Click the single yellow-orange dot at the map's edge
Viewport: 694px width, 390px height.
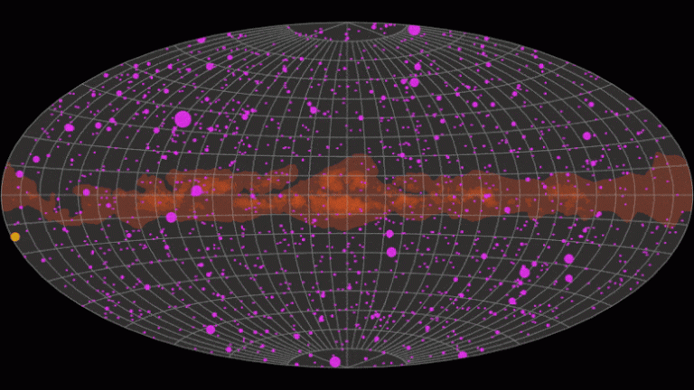click(x=15, y=237)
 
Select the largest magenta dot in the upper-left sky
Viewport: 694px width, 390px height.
click(x=183, y=119)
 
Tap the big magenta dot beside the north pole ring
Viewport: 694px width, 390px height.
click(x=414, y=30)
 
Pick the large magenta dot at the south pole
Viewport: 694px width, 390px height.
click(x=335, y=361)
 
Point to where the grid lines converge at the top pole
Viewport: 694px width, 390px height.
click(x=347, y=23)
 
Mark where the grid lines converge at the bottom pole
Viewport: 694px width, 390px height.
click(x=347, y=367)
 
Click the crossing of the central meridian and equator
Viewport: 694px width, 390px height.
click(x=347, y=195)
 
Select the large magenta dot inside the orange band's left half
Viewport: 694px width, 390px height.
click(x=197, y=190)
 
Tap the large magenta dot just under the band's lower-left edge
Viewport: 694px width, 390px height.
click(x=172, y=217)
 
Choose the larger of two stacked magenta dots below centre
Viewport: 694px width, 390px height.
click(x=391, y=252)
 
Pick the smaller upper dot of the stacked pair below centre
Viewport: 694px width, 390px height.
click(x=389, y=234)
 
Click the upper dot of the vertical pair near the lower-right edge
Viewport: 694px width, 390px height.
click(x=568, y=259)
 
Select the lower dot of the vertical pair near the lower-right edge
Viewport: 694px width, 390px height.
click(x=569, y=278)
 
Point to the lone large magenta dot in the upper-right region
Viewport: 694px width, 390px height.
click(x=586, y=136)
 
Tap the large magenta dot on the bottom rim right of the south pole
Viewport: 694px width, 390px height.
click(x=463, y=355)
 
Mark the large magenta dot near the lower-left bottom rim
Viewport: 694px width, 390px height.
click(x=211, y=330)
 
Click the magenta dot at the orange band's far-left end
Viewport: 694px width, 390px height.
click(x=20, y=174)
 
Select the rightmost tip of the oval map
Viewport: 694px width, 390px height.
click(x=692, y=195)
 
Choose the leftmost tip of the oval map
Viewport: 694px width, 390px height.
click(x=2, y=195)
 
